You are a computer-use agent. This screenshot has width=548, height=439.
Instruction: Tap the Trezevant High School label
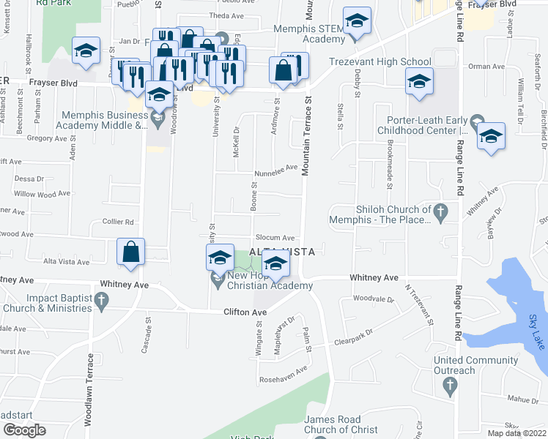379,62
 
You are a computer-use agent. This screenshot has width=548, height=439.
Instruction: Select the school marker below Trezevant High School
419,82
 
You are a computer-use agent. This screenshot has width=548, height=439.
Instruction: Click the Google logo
24,430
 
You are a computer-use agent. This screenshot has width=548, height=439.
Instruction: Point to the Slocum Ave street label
276,238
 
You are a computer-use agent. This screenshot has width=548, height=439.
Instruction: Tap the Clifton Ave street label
245,312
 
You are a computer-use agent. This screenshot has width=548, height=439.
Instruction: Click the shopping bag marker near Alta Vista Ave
130,252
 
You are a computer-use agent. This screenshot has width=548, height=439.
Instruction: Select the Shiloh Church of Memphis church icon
440,213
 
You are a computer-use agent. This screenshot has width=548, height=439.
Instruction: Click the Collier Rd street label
118,222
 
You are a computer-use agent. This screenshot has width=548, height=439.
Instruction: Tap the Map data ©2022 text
517,433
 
